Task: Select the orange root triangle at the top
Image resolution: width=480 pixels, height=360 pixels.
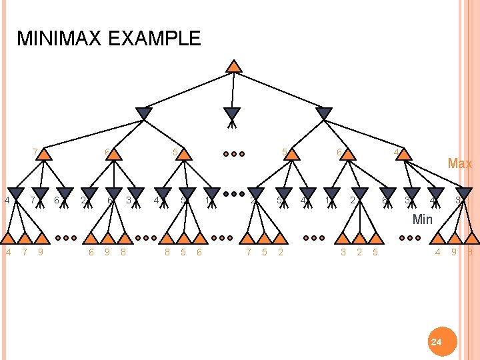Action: [x=233, y=66]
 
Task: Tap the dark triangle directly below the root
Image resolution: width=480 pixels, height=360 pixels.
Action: [x=231, y=114]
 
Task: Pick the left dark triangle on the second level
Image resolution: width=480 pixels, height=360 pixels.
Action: [x=144, y=114]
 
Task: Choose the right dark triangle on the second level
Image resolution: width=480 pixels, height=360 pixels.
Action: [x=323, y=114]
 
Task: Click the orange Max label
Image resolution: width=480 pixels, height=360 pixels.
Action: [x=459, y=163]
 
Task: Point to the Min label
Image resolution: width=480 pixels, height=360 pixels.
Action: [x=422, y=219]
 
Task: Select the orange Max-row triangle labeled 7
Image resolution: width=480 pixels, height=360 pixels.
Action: [x=44, y=155]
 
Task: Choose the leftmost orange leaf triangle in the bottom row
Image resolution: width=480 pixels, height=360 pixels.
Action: [x=9, y=238]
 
